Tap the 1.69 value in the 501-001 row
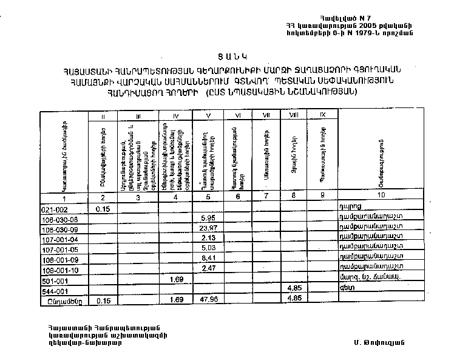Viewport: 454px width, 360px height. click(x=177, y=280)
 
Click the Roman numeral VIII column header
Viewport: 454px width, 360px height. click(x=294, y=115)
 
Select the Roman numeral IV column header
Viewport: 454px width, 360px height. click(x=176, y=115)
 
